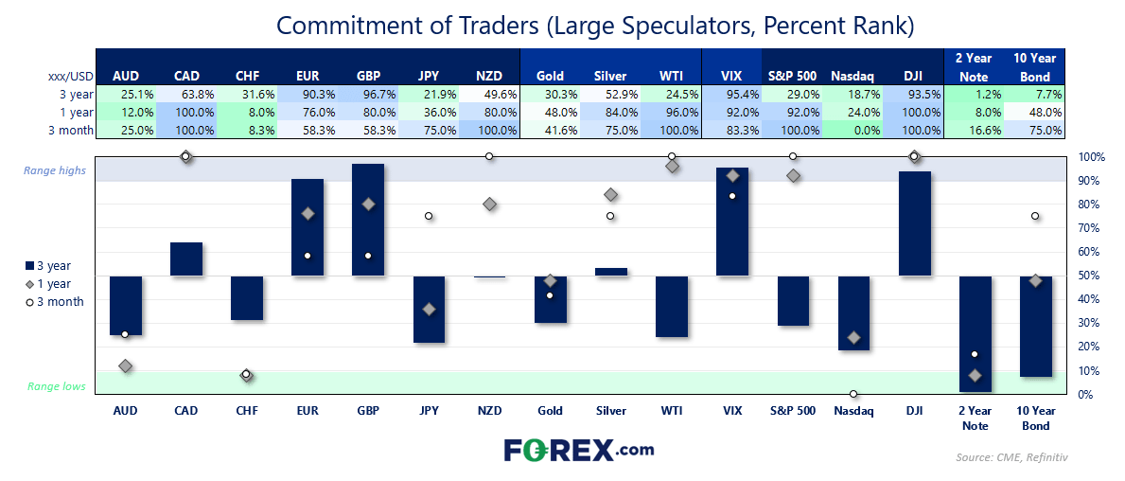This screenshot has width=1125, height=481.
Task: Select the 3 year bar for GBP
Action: (368, 220)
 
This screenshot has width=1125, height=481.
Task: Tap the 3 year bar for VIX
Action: (732, 222)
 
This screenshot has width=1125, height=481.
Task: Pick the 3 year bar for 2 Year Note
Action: (976, 334)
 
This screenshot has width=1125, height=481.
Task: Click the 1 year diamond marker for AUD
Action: (126, 366)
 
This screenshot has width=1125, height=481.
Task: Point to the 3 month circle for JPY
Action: (429, 216)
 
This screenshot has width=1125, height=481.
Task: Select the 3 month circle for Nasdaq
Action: (853, 394)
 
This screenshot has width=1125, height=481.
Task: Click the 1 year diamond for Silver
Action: (610, 194)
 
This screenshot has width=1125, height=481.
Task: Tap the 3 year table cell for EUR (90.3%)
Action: (308, 94)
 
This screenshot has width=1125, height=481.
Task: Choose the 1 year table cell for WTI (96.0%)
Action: (672, 112)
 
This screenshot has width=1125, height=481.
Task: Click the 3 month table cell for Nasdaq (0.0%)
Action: (853, 130)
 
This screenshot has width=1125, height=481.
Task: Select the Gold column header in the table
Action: (551, 76)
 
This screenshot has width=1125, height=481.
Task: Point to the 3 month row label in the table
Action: (72, 130)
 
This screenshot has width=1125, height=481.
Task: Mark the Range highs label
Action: (55, 170)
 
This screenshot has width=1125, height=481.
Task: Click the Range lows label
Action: (57, 386)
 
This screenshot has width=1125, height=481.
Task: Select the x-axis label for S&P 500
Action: (793, 411)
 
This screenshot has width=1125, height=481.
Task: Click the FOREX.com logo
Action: (579, 450)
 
